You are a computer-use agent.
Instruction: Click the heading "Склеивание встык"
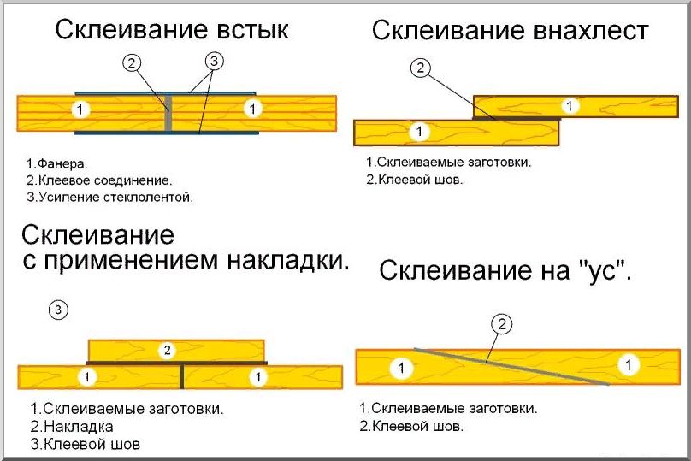172,30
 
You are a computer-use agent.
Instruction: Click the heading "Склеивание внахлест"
510,32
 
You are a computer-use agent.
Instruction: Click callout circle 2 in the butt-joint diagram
132,62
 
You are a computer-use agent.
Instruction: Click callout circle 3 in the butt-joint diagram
214,62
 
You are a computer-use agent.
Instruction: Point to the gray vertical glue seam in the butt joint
169,112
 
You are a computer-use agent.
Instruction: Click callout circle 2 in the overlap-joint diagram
419,69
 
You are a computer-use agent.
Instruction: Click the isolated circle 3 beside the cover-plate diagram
57,310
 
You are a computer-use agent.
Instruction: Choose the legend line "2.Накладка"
72,426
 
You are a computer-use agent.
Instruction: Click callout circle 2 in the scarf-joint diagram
502,323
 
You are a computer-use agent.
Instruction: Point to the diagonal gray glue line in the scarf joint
513,367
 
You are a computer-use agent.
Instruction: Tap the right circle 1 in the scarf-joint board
629,365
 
